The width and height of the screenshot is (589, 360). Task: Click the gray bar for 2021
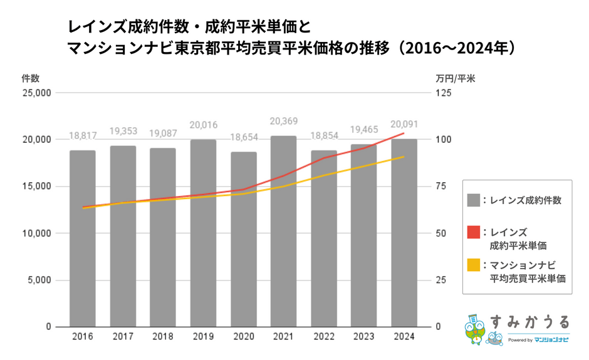[283, 231]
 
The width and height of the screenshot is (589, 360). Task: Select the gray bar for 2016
[83, 239]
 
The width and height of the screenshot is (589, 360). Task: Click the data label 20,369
[283, 121]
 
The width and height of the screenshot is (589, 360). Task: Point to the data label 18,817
[83, 136]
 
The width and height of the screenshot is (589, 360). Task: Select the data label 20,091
[404, 124]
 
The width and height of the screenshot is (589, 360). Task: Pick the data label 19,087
[163, 133]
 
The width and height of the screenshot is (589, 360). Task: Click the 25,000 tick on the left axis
[36, 93]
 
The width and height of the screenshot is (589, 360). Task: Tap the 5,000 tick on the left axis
[38, 280]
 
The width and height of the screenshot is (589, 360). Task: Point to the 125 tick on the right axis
[443, 93]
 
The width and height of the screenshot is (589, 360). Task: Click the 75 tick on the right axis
[440, 187]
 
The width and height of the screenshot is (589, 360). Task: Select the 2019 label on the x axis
[203, 337]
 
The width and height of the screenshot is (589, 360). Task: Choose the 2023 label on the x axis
[363, 337]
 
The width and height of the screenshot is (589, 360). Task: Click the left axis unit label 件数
[30, 78]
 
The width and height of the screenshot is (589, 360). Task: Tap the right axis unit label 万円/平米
[455, 78]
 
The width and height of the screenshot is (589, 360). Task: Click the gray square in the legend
[473, 200]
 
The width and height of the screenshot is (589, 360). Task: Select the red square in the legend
[473, 233]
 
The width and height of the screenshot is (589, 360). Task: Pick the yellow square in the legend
[473, 265]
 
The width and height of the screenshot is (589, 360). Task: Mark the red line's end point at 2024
[404, 133]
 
